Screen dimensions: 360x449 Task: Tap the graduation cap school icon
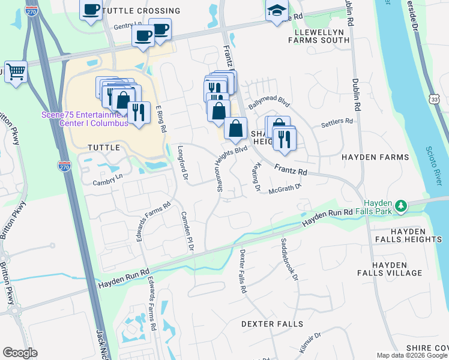point(277,11)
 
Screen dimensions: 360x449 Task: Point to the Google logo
point(20,353)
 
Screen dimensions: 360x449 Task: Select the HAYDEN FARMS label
point(375,157)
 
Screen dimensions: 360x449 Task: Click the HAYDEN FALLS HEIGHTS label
point(408,235)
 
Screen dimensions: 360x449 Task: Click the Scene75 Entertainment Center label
point(85,119)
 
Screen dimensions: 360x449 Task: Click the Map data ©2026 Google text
point(412,355)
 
